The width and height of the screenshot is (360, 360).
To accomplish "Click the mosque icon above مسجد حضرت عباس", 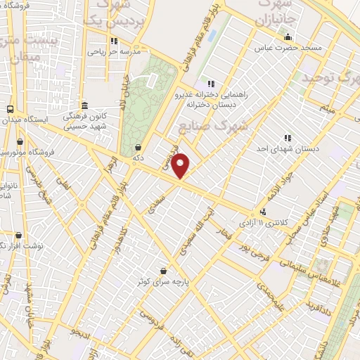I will pos(286,37).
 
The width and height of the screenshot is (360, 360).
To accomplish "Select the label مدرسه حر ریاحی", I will pos(114,51).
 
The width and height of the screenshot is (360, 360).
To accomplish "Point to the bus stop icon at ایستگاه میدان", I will pos(10,110).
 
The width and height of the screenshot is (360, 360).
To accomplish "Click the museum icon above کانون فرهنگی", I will pos(84,105).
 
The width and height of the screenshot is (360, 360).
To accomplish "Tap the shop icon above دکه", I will pos(137,148).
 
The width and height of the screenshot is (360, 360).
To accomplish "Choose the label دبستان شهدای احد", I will pos(287,148).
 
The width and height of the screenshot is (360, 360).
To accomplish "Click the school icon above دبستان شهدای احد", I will pos(287,138).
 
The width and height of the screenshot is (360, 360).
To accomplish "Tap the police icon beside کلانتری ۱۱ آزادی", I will pos(263,212).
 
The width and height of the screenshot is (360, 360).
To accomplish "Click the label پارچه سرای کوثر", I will pos(163,281).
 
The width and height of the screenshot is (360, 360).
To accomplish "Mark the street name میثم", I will pos(326,108).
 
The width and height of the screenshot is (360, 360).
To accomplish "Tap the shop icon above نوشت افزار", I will pos(18,236).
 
